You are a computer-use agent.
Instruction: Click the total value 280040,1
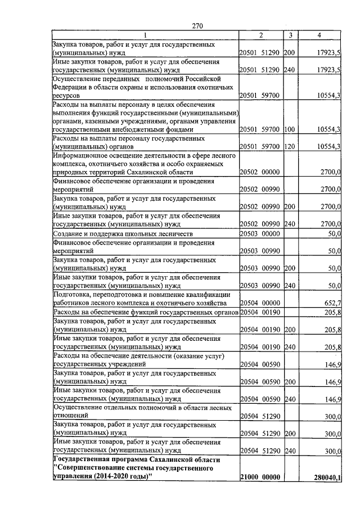tap(327, 478)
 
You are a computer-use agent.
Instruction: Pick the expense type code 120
tap(289, 147)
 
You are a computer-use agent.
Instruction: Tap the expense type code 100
tap(289, 129)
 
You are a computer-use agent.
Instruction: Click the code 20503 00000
tap(260, 233)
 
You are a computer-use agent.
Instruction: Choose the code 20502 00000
tap(260, 171)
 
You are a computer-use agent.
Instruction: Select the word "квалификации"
tap(208, 294)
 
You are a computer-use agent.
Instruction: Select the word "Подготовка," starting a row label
tap(73, 294)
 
